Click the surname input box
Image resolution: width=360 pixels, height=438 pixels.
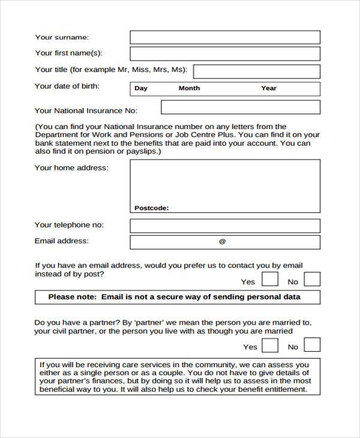(225, 37)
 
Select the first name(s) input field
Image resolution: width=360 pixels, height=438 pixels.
(225, 53)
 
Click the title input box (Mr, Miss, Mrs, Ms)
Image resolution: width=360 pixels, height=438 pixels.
(257, 71)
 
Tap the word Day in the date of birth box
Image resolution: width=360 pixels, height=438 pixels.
(141, 88)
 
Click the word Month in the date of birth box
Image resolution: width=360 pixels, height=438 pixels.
(189, 88)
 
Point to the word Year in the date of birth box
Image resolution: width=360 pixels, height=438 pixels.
(269, 88)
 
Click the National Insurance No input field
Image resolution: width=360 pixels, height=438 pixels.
(241, 107)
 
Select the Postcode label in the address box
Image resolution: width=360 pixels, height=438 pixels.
(151, 208)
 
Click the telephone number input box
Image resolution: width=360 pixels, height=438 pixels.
(225, 226)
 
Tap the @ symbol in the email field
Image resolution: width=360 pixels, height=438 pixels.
(222, 242)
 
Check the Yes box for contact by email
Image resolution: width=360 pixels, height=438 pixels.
(271, 279)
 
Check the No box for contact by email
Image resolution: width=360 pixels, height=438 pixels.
(312, 279)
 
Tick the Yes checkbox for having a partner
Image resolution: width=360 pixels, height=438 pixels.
(271, 344)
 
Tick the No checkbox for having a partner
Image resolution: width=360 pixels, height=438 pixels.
(312, 344)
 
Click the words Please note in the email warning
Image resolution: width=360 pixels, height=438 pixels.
(72, 297)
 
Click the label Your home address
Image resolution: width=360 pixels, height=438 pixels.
(71, 168)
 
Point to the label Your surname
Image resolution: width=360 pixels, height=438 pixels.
(62, 37)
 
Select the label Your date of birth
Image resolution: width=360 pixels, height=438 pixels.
(67, 86)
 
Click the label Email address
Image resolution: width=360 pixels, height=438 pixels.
(62, 241)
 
